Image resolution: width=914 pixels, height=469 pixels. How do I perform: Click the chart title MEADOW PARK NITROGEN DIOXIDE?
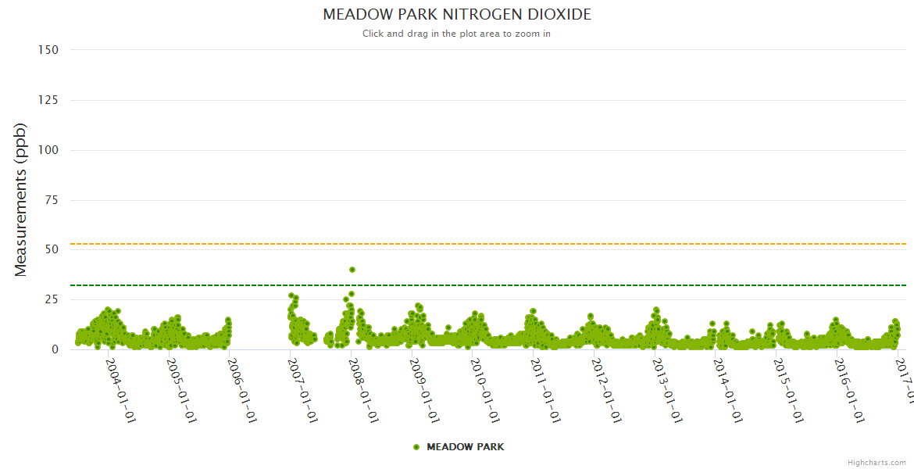point(457,15)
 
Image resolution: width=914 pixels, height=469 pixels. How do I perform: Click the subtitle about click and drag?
point(456,34)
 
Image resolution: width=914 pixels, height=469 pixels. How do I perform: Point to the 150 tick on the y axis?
point(48,50)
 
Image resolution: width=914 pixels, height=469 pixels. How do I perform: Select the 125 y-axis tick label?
point(48,100)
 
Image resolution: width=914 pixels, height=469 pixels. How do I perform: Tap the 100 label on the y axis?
point(48,150)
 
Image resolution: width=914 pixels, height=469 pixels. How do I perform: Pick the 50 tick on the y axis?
point(52,249)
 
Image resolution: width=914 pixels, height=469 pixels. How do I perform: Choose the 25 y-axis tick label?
point(52,299)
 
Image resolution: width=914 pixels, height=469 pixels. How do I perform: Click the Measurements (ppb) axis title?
point(21,199)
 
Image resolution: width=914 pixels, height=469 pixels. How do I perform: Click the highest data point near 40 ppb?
point(352,270)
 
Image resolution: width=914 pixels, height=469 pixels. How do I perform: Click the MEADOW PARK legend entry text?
point(465,447)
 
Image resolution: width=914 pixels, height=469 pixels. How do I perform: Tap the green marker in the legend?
point(416,447)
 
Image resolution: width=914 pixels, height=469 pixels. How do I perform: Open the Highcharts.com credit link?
point(877,462)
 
